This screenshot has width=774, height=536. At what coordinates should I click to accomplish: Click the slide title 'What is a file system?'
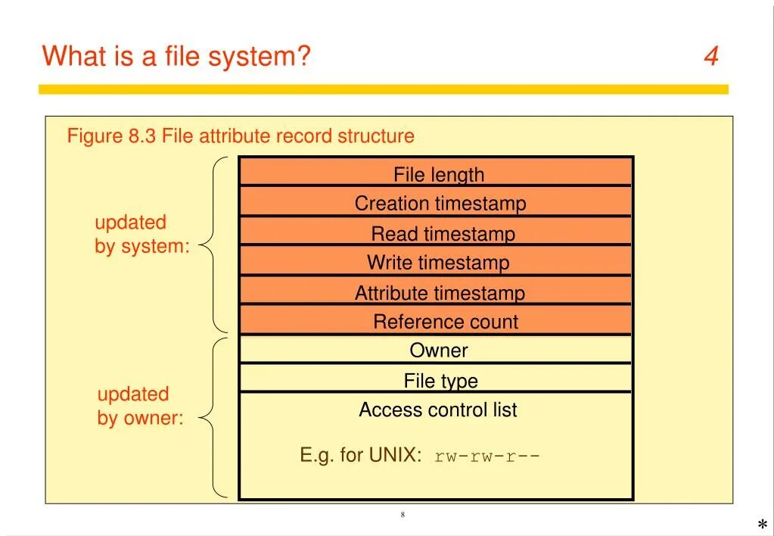[x=176, y=56]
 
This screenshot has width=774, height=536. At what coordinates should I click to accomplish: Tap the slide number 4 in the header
[x=710, y=56]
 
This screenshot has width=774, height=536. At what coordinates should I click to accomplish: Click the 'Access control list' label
[x=437, y=410]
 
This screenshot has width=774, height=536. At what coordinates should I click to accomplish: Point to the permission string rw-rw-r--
[x=487, y=457]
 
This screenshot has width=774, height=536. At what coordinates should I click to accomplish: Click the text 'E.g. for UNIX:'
[x=360, y=455]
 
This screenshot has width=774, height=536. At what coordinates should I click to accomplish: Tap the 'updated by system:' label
[x=141, y=235]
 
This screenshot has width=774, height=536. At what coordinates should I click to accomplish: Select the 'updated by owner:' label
[x=140, y=406]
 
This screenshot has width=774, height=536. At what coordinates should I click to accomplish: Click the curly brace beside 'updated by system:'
[x=214, y=245]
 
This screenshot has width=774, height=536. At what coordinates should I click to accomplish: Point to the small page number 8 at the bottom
[x=403, y=515]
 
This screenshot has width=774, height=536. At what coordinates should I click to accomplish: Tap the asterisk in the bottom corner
[x=762, y=525]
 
